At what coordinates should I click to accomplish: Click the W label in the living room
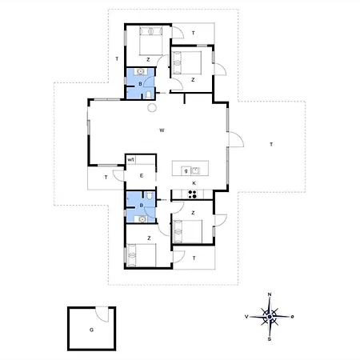162,130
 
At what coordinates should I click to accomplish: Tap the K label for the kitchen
194,183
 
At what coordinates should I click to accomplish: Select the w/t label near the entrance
130,160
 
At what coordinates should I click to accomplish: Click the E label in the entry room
142,175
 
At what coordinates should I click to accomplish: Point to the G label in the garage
91,330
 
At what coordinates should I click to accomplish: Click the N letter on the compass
270,294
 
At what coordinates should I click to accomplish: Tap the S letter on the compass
270,339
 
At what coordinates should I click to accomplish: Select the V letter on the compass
246,317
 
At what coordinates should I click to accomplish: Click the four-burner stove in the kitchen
192,194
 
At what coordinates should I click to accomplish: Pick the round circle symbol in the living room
152,107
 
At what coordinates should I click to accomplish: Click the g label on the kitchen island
186,171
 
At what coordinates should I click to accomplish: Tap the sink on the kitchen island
195,170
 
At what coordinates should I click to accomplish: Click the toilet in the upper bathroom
149,95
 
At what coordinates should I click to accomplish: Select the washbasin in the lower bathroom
142,219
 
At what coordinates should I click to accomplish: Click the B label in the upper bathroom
140,84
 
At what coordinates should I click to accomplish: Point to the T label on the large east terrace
271,145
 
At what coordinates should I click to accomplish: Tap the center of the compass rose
270,317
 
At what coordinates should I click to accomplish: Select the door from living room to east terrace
236,139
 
